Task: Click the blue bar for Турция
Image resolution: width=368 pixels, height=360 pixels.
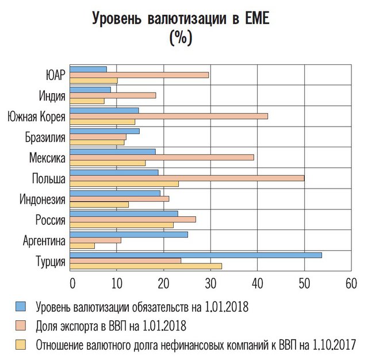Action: (x=195, y=255)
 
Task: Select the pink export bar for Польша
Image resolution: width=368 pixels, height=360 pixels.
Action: (x=187, y=178)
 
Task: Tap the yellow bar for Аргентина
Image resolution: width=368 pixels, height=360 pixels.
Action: (x=82, y=246)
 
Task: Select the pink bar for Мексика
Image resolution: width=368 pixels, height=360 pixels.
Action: (x=162, y=157)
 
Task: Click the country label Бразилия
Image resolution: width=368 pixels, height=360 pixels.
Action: (x=45, y=137)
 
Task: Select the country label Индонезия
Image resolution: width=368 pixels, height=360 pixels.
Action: (x=41, y=200)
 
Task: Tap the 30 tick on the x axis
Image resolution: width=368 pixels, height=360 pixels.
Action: (x=210, y=283)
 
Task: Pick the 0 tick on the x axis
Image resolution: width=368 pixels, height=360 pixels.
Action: (x=72, y=283)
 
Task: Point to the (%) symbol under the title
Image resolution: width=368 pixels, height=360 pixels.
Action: (x=181, y=39)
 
